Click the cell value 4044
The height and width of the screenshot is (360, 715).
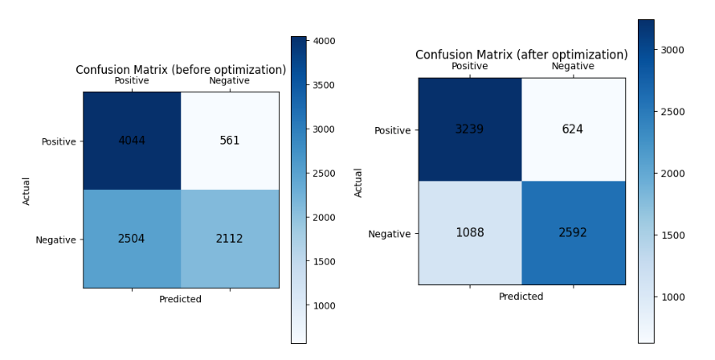pos(131,141)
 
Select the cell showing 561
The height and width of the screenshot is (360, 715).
pos(230,141)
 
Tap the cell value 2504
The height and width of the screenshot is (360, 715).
pos(131,239)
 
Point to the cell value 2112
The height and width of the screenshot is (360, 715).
pos(230,239)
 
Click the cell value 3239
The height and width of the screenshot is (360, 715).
pos(469,129)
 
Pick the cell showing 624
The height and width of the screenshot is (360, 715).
pos(573,129)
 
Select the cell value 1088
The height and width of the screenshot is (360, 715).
pos(469,233)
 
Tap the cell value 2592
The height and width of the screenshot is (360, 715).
pos(573,233)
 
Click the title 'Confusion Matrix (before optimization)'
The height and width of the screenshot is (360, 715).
pos(181,70)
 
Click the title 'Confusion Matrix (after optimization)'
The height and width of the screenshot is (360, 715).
pos(521,55)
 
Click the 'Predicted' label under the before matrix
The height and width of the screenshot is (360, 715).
pos(180,299)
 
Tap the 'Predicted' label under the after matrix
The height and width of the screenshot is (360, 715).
pos(521,297)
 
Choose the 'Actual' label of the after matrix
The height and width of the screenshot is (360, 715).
pos(358,182)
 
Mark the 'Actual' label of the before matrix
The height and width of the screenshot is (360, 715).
pos(26,190)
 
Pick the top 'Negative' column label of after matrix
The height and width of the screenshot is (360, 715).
pos(573,67)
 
